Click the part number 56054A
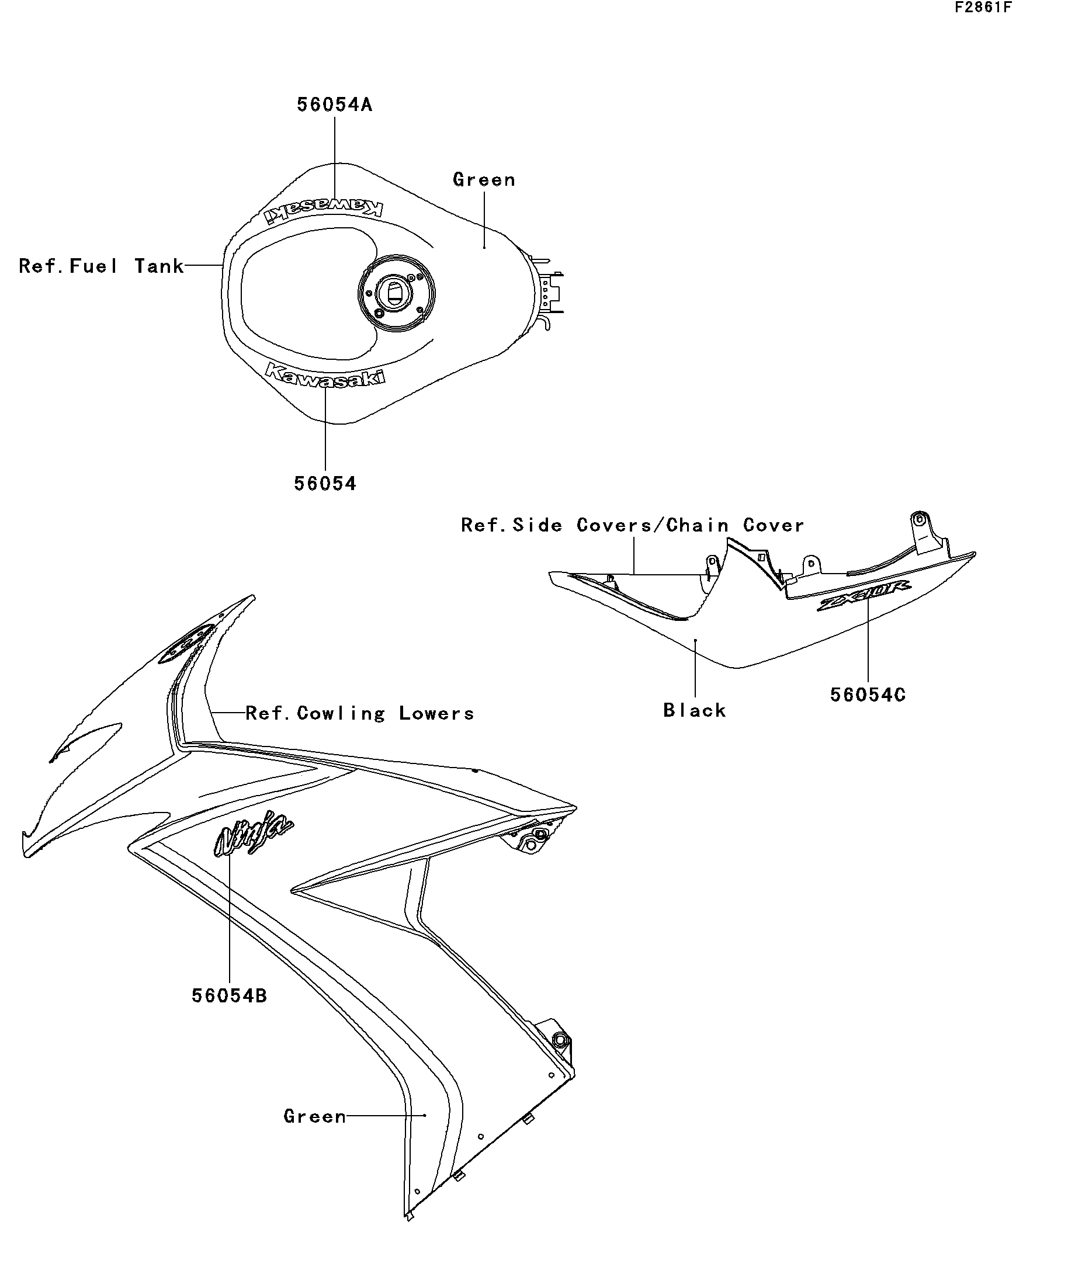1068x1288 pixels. pyautogui.click(x=334, y=105)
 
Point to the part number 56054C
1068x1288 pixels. pyautogui.click(x=868, y=695)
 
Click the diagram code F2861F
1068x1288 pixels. pyautogui.click(x=983, y=8)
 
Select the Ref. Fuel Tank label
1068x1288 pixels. pyautogui.click(x=101, y=266)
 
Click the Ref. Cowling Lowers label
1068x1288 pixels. pyautogui.click(x=359, y=713)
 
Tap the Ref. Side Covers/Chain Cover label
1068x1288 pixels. pyautogui.click(x=632, y=525)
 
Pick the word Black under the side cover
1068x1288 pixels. pyautogui.click(x=695, y=710)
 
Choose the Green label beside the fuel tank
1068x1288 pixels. pyautogui.click(x=484, y=180)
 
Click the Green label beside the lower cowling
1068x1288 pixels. pyautogui.click(x=315, y=1116)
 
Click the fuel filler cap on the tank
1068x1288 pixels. pyautogui.click(x=396, y=293)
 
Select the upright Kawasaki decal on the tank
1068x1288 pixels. pyautogui.click(x=325, y=374)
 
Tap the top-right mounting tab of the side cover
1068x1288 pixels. pyautogui.click(x=920, y=520)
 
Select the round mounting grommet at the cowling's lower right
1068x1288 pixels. pyautogui.click(x=559, y=1040)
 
